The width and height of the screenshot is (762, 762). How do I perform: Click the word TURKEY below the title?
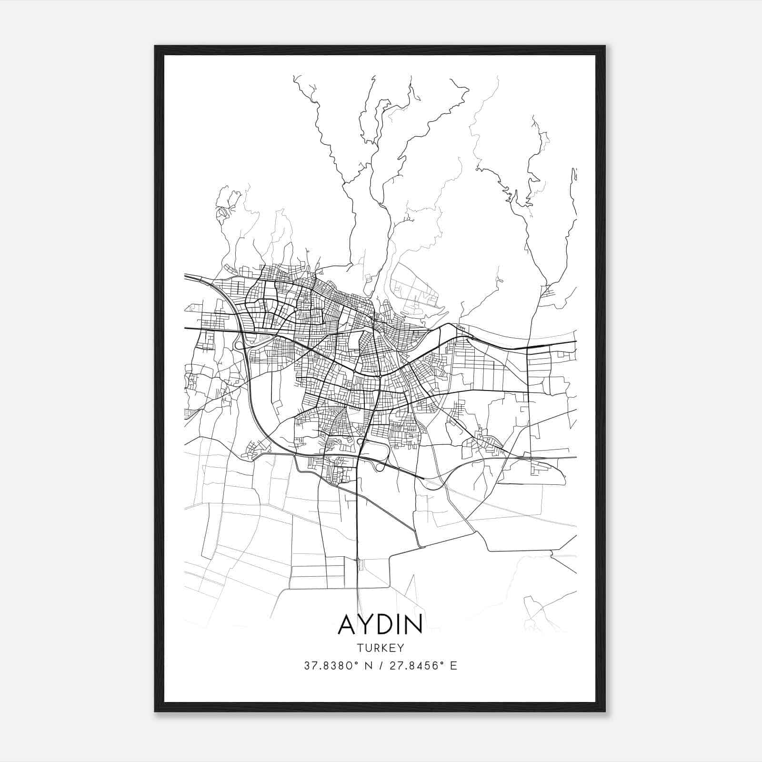point(380,648)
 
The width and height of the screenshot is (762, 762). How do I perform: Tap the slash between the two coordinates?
point(380,666)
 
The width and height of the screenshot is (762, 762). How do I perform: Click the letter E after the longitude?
point(453,666)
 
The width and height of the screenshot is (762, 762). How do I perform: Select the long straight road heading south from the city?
point(357,524)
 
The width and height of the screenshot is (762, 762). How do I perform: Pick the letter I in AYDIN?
point(399,624)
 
